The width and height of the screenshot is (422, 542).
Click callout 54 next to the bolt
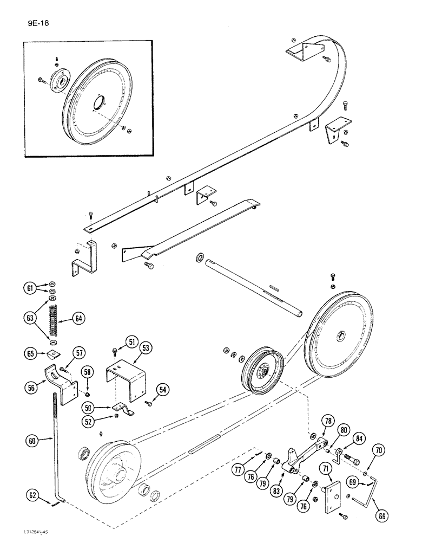pos(163,389)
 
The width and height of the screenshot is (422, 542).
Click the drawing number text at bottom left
pos(24,533)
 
